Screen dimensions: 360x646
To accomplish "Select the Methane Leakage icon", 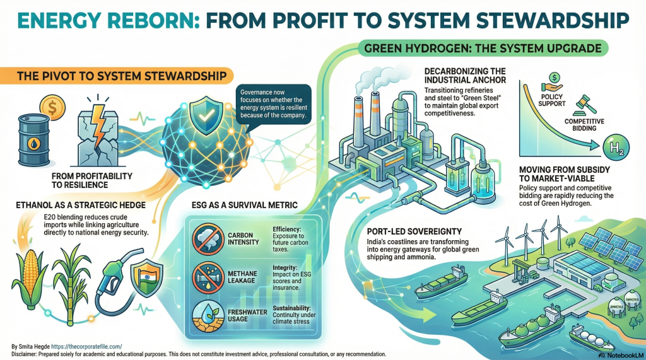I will click(207, 276).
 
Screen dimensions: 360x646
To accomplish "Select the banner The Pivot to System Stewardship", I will click(114, 77).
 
